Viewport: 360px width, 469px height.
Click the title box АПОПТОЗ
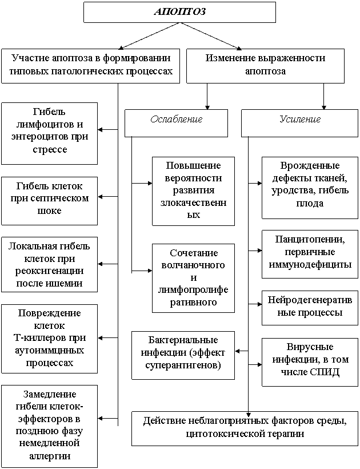pyautogui.click(x=179, y=12)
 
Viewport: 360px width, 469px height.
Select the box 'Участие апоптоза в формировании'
pyautogui.click(x=91, y=65)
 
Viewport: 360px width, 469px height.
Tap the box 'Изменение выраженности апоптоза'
pyautogui.click(x=265, y=65)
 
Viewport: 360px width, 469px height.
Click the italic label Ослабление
pyautogui.click(x=176, y=120)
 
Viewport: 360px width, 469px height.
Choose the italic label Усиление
pyautogui.click(x=300, y=120)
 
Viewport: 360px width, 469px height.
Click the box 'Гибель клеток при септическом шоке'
pyautogui.click(x=50, y=200)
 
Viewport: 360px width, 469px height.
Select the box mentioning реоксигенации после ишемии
pyautogui.click(x=50, y=264)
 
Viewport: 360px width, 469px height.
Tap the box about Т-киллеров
pyautogui.click(x=50, y=338)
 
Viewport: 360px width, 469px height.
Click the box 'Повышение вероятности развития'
pyautogui.click(x=194, y=190)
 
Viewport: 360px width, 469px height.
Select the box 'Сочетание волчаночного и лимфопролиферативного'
pyautogui.click(x=194, y=277)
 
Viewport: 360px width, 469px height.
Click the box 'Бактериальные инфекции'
pyautogui.click(x=183, y=355)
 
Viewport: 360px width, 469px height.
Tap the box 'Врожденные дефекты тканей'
pyautogui.click(x=309, y=187)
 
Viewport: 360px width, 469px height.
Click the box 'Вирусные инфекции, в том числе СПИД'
pyautogui.click(x=309, y=360)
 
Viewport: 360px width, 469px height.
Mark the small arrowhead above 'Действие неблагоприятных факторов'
pyautogui.click(x=249, y=414)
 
